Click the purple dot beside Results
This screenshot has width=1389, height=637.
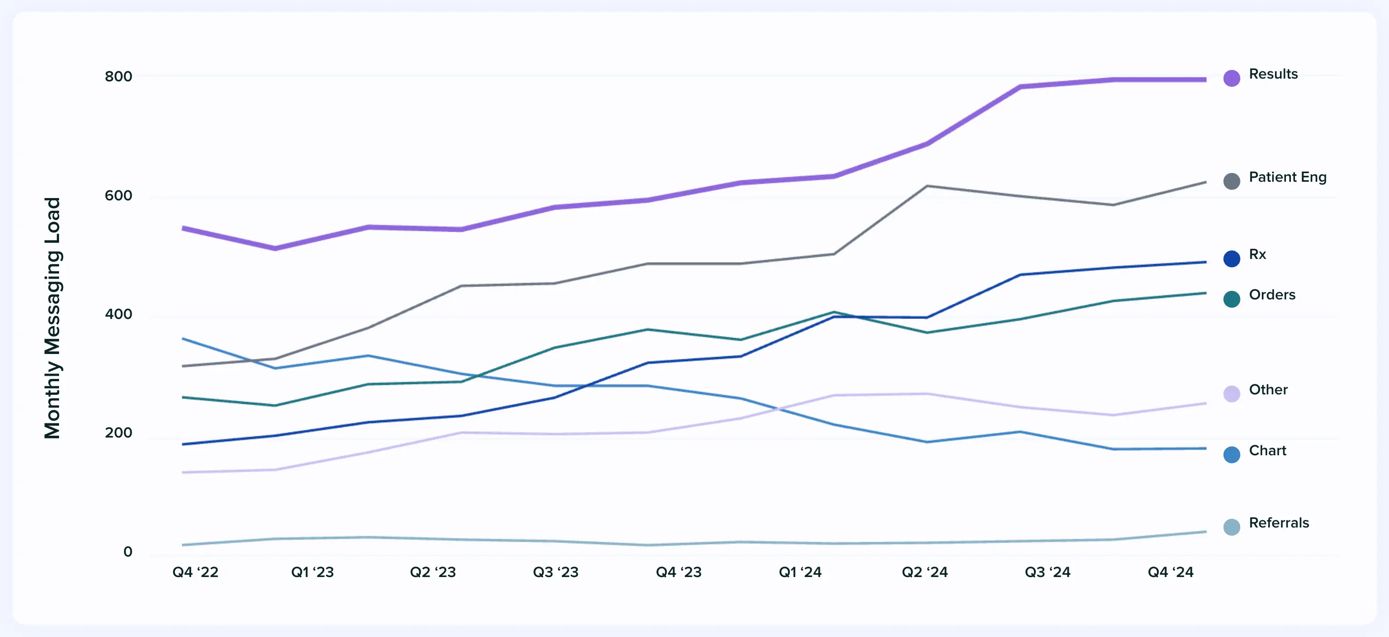(x=1231, y=78)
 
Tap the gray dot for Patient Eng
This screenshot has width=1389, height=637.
(x=1231, y=181)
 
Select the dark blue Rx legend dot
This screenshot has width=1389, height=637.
(x=1231, y=259)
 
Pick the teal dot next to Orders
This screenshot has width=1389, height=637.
(x=1231, y=299)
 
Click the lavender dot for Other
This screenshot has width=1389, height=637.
(x=1231, y=394)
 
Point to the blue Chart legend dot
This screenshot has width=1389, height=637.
(x=1231, y=455)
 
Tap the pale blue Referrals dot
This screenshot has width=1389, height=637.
(x=1231, y=527)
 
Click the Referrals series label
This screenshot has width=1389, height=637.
(x=1279, y=523)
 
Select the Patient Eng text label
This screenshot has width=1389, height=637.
(x=1287, y=177)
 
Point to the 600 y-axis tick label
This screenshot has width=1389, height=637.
(x=119, y=195)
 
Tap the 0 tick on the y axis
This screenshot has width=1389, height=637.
(x=128, y=551)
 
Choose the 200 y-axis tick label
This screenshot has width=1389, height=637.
(x=119, y=433)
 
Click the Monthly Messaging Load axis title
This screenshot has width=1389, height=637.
(x=52, y=318)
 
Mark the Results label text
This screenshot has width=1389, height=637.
(x=1273, y=74)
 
